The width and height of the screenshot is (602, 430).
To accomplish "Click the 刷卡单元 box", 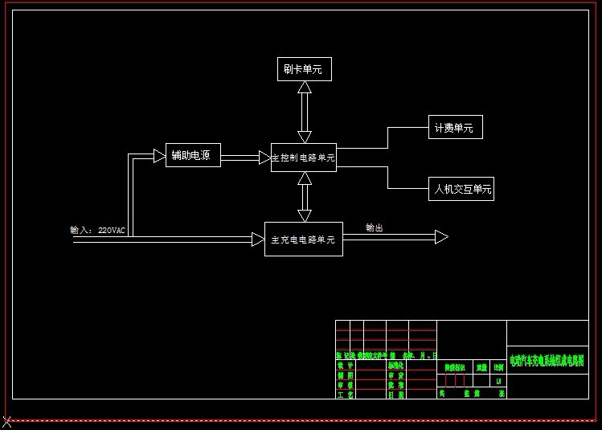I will click(x=303, y=69).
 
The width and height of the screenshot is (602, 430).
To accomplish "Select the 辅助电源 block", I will click(x=193, y=155).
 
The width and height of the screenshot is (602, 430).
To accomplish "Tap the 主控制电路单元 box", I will click(x=303, y=158).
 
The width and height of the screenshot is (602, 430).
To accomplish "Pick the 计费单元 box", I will click(x=455, y=128).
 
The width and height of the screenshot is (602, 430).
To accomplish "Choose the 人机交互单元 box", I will click(x=462, y=190).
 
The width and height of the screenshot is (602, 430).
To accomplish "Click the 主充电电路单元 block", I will click(x=303, y=239).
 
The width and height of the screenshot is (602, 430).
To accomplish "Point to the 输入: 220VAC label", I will click(x=98, y=230).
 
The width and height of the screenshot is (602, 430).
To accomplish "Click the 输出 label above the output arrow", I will click(x=375, y=227).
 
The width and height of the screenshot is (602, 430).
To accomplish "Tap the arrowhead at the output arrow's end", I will click(x=441, y=237).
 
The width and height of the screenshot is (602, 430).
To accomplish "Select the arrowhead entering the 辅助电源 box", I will click(x=159, y=155).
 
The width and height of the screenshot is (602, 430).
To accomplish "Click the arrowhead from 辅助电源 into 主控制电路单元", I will click(x=264, y=158).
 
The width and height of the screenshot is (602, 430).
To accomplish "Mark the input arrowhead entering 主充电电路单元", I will click(x=258, y=239).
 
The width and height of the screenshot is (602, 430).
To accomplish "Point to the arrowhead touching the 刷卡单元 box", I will click(x=304, y=87).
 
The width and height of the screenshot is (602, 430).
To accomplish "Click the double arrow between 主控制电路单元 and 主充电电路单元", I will click(x=304, y=197).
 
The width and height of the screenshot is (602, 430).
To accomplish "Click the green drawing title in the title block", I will click(x=547, y=361).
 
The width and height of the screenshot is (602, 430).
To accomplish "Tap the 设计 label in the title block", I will click(x=345, y=366).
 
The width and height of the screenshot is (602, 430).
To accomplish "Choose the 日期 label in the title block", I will click(x=396, y=395).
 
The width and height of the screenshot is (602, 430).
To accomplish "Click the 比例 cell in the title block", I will click(x=498, y=367).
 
